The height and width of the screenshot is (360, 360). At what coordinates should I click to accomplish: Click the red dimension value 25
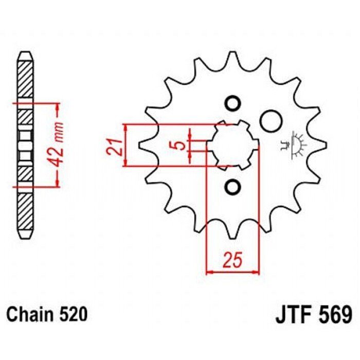point(233,260)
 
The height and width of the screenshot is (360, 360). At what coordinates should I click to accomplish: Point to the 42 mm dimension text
point(56,145)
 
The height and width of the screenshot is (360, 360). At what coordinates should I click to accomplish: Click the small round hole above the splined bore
point(233,103)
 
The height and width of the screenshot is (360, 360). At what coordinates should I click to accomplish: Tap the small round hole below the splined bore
point(233,186)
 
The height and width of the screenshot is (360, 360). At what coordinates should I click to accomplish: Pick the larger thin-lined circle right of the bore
point(271,121)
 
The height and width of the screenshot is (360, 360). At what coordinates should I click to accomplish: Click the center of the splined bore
point(233,145)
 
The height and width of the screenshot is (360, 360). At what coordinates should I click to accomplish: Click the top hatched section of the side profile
point(26,80)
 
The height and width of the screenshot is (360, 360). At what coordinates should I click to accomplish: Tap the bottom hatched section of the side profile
point(26,211)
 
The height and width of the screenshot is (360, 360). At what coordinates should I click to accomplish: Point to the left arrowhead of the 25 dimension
point(210,273)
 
